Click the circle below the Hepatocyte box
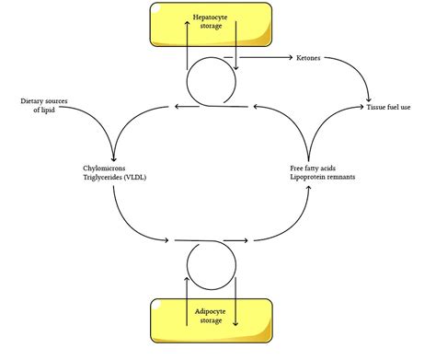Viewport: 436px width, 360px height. pyautogui.click(x=211, y=84)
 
